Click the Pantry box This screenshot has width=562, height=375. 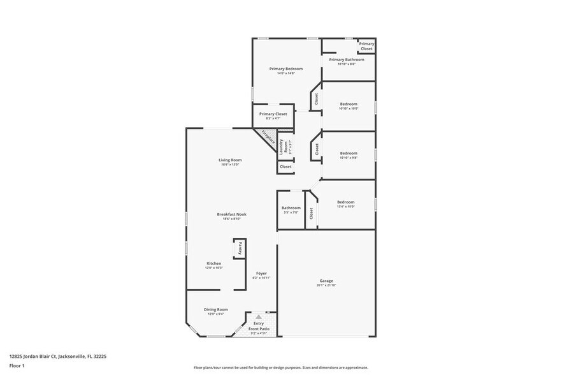click(240, 248)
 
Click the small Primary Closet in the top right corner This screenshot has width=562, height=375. click(366, 46)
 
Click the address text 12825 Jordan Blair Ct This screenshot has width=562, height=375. click(57, 357)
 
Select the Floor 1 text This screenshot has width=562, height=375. click(17, 365)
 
